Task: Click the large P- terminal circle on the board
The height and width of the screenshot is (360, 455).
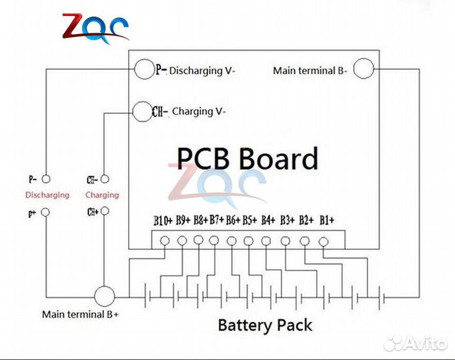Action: (143, 69)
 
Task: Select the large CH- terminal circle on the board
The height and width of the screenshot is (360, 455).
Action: (141, 111)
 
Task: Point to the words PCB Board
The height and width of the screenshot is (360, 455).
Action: (247, 159)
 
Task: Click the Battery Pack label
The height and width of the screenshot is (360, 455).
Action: (265, 325)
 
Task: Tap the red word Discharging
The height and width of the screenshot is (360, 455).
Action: (47, 195)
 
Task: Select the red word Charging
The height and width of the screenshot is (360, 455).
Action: (102, 195)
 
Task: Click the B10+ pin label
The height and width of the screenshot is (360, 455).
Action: (163, 219)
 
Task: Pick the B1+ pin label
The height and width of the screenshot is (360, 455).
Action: (327, 219)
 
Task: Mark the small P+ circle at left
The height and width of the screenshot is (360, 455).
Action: (45, 213)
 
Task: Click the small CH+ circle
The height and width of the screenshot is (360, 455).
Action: (103, 213)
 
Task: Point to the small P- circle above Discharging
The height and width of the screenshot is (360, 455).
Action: (45, 179)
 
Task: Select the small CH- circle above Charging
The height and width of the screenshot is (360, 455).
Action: (103, 179)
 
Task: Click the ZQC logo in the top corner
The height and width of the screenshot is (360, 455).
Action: (95, 27)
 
